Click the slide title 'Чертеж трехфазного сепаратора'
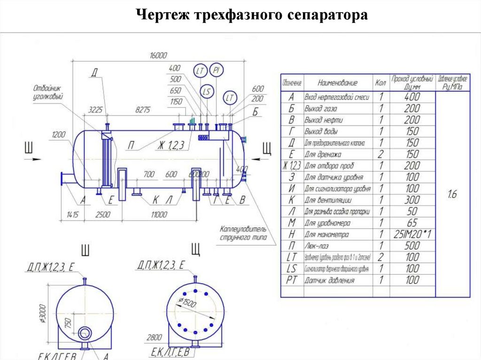(x=252, y=15)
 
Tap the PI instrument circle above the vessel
(x=217, y=70)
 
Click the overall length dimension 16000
(x=158, y=55)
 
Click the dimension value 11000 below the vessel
(x=159, y=214)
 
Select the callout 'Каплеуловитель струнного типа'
(x=243, y=233)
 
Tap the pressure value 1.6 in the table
(x=451, y=194)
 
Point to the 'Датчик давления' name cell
(x=329, y=280)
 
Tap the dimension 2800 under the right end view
(x=155, y=337)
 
